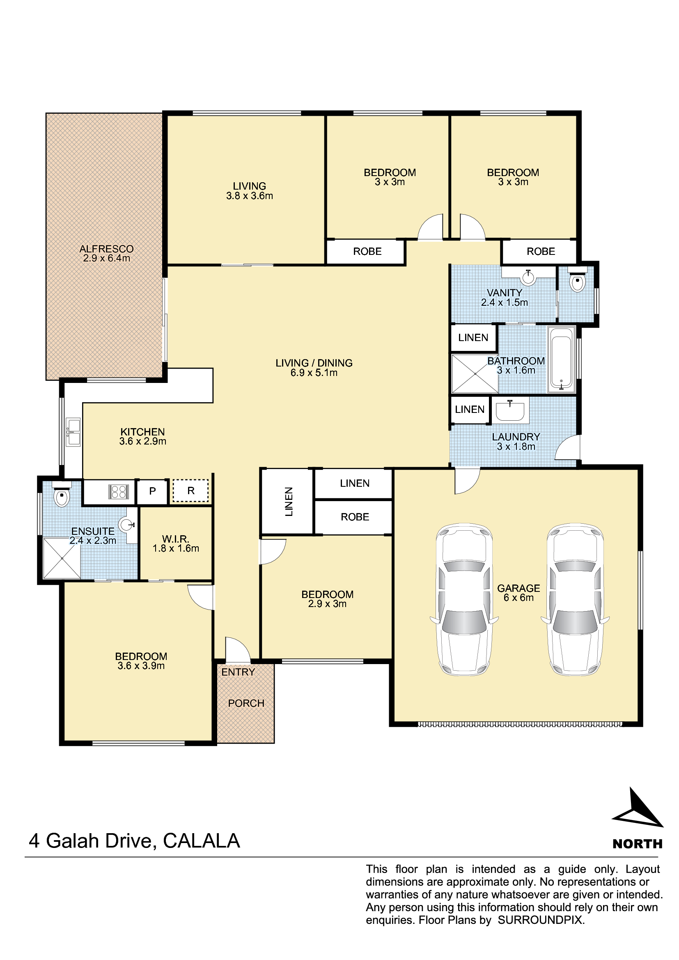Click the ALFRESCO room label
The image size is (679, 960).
coord(107,253)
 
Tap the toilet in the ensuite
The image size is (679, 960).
coord(62,494)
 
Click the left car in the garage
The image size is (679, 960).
coord(464,599)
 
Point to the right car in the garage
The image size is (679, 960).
coord(575,599)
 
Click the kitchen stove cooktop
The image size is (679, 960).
coord(118,492)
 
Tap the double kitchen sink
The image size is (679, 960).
coord(73,432)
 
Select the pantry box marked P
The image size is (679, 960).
coord(153,491)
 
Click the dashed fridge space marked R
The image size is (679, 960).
coord(190,490)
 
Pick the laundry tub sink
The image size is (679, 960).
coord(510,410)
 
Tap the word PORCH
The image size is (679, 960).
coord(246,703)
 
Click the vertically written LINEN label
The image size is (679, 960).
coord(289,502)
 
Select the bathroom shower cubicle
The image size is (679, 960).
coord(475,374)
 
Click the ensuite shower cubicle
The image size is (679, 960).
coord(62,558)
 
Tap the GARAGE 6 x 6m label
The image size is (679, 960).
coord(518,593)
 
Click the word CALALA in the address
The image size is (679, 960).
coord(202,841)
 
